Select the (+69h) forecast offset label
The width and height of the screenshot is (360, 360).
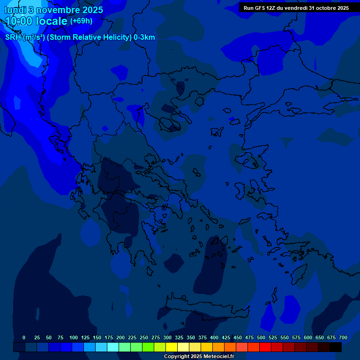click(81, 21)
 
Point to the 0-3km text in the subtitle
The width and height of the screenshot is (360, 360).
click(144, 37)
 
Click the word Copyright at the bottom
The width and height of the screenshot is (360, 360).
click(178, 357)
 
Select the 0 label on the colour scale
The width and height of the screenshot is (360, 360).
click(24, 337)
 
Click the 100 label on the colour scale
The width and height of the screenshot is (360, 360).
click(74, 337)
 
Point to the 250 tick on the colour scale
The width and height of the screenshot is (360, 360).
click(144, 337)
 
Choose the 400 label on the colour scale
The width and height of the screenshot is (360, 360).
click(214, 337)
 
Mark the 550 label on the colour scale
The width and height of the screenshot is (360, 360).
click(285, 337)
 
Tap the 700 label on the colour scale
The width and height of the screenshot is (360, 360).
click(343, 337)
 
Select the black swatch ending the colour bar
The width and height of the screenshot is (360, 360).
click(336, 347)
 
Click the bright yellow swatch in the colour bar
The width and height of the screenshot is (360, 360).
click(172, 347)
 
